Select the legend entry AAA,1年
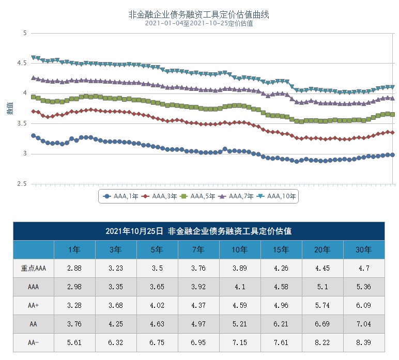(x=118, y=196)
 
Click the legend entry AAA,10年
(x=277, y=196)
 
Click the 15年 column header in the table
(x=281, y=249)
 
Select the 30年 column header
(x=364, y=249)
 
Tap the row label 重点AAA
(x=34, y=268)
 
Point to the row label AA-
(x=34, y=342)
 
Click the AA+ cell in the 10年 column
(x=240, y=305)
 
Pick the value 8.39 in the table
(x=364, y=342)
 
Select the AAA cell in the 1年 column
(x=74, y=287)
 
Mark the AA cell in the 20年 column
(x=323, y=324)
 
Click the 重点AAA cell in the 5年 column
(x=157, y=268)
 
